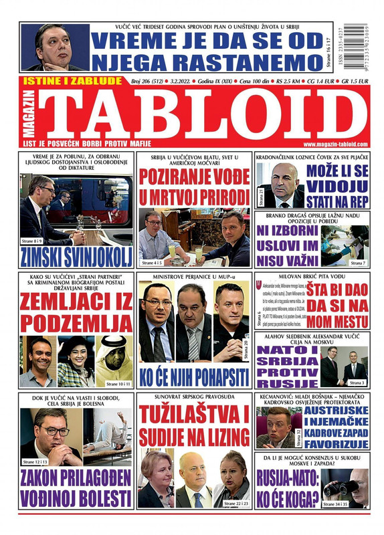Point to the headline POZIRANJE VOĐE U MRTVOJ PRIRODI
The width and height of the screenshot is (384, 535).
pos(194,187)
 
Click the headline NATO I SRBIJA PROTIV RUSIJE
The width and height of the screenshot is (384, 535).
pos(287,366)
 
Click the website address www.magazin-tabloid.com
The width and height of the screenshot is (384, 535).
pos(334,145)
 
